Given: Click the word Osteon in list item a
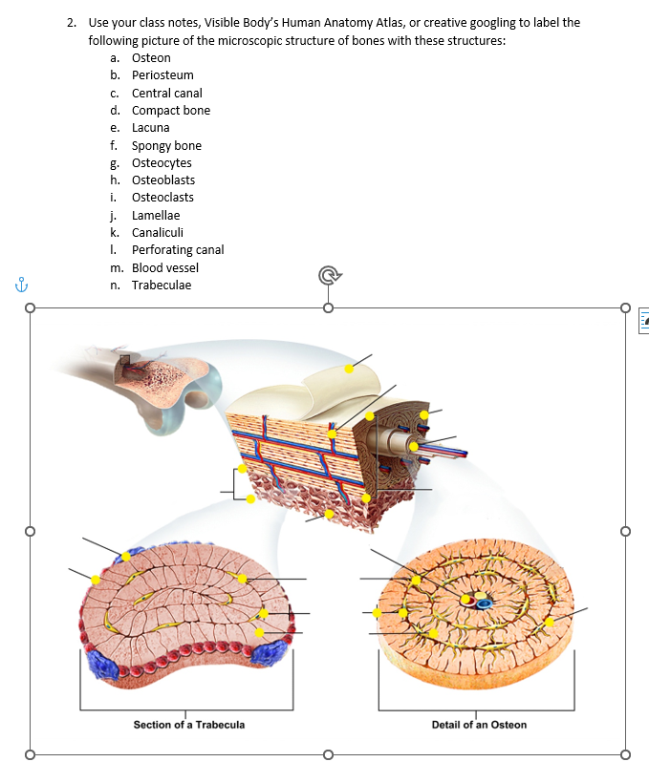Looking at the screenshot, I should [x=151, y=58].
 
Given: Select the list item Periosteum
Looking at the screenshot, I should [x=162, y=75].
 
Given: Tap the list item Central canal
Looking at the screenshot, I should [x=166, y=93].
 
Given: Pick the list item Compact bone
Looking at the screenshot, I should [x=170, y=111].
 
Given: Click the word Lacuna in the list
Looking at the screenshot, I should [x=150, y=128].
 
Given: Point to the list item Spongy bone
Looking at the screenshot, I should [x=166, y=145].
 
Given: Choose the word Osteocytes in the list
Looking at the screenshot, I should [x=162, y=163].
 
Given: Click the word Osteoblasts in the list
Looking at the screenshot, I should [x=162, y=180].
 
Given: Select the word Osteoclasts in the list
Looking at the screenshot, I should [x=162, y=198].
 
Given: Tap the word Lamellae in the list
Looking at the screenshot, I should [x=156, y=216].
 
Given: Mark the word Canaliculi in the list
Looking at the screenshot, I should [x=158, y=233].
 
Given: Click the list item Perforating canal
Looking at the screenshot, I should [x=178, y=250].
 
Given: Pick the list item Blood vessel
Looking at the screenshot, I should [x=165, y=268].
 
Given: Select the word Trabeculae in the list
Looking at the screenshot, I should [x=161, y=286].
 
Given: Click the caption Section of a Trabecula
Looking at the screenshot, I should [x=189, y=725].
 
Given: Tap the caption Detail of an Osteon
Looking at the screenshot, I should [x=479, y=725].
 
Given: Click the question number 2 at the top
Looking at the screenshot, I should [x=73, y=22].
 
